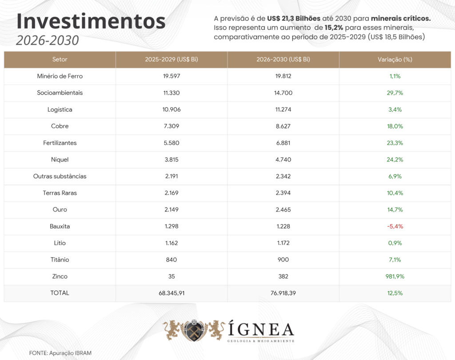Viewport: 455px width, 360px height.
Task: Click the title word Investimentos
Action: (x=91, y=21)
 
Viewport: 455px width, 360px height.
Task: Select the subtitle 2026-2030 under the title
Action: (x=47, y=40)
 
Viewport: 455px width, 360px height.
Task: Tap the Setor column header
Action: (x=60, y=60)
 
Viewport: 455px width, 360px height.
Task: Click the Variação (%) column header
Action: (x=395, y=60)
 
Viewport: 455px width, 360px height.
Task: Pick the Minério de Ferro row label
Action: (x=60, y=76)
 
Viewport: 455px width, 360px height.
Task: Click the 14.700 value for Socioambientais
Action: (x=283, y=93)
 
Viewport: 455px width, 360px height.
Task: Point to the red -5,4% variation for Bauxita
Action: (x=395, y=226)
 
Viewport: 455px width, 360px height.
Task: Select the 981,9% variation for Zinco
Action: (x=395, y=276)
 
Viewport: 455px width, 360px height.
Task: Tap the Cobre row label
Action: (x=60, y=126)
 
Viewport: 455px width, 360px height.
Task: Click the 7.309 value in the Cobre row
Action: (x=172, y=126)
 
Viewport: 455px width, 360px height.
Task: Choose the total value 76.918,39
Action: (x=283, y=293)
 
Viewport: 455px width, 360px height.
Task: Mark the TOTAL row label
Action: (x=60, y=293)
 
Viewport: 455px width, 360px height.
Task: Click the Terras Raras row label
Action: (x=60, y=193)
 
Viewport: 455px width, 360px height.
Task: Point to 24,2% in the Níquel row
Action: (x=395, y=160)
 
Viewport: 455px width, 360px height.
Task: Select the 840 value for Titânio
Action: (x=172, y=260)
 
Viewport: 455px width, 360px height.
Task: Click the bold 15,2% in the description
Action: (x=333, y=28)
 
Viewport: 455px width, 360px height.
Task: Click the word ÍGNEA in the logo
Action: (x=261, y=330)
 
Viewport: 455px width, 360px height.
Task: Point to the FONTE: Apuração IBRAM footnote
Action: (x=60, y=352)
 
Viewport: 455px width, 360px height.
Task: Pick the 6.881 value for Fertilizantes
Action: (x=283, y=143)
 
